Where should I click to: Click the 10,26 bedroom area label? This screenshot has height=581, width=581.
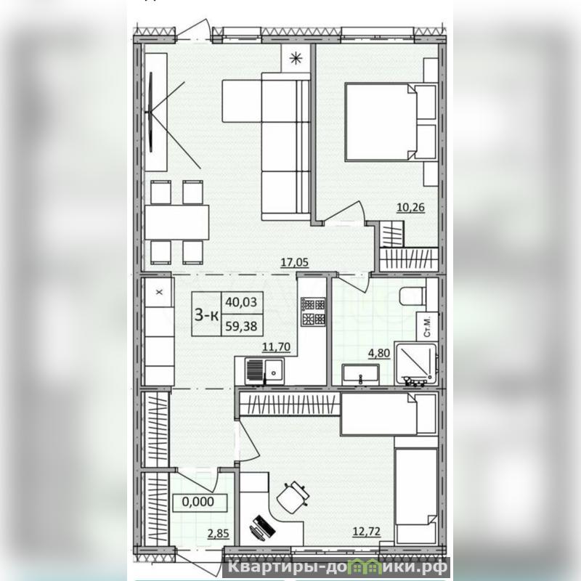(x=410, y=208)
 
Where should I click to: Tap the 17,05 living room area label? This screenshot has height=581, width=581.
(x=294, y=263)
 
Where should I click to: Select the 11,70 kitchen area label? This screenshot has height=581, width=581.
(x=276, y=347)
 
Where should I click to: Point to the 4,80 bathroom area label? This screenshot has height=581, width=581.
(x=378, y=353)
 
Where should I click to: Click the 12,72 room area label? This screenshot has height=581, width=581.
(x=367, y=532)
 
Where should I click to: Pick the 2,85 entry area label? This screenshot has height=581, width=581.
(x=219, y=534)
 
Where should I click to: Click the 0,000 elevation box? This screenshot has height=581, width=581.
(x=200, y=502)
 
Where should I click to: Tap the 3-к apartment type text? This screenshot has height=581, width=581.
(x=206, y=315)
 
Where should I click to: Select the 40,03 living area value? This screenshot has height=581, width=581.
(x=242, y=302)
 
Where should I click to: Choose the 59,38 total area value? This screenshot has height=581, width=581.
(x=242, y=326)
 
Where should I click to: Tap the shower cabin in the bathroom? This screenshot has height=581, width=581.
(x=415, y=364)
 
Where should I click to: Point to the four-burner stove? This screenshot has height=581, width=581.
(x=313, y=312)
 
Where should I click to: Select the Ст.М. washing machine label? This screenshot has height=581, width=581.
(x=427, y=326)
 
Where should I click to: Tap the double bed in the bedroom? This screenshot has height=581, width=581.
(x=391, y=122)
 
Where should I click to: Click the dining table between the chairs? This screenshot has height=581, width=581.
(x=177, y=222)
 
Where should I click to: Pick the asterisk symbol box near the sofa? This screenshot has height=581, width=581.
(x=296, y=58)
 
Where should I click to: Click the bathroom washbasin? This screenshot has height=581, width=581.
(x=360, y=373)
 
